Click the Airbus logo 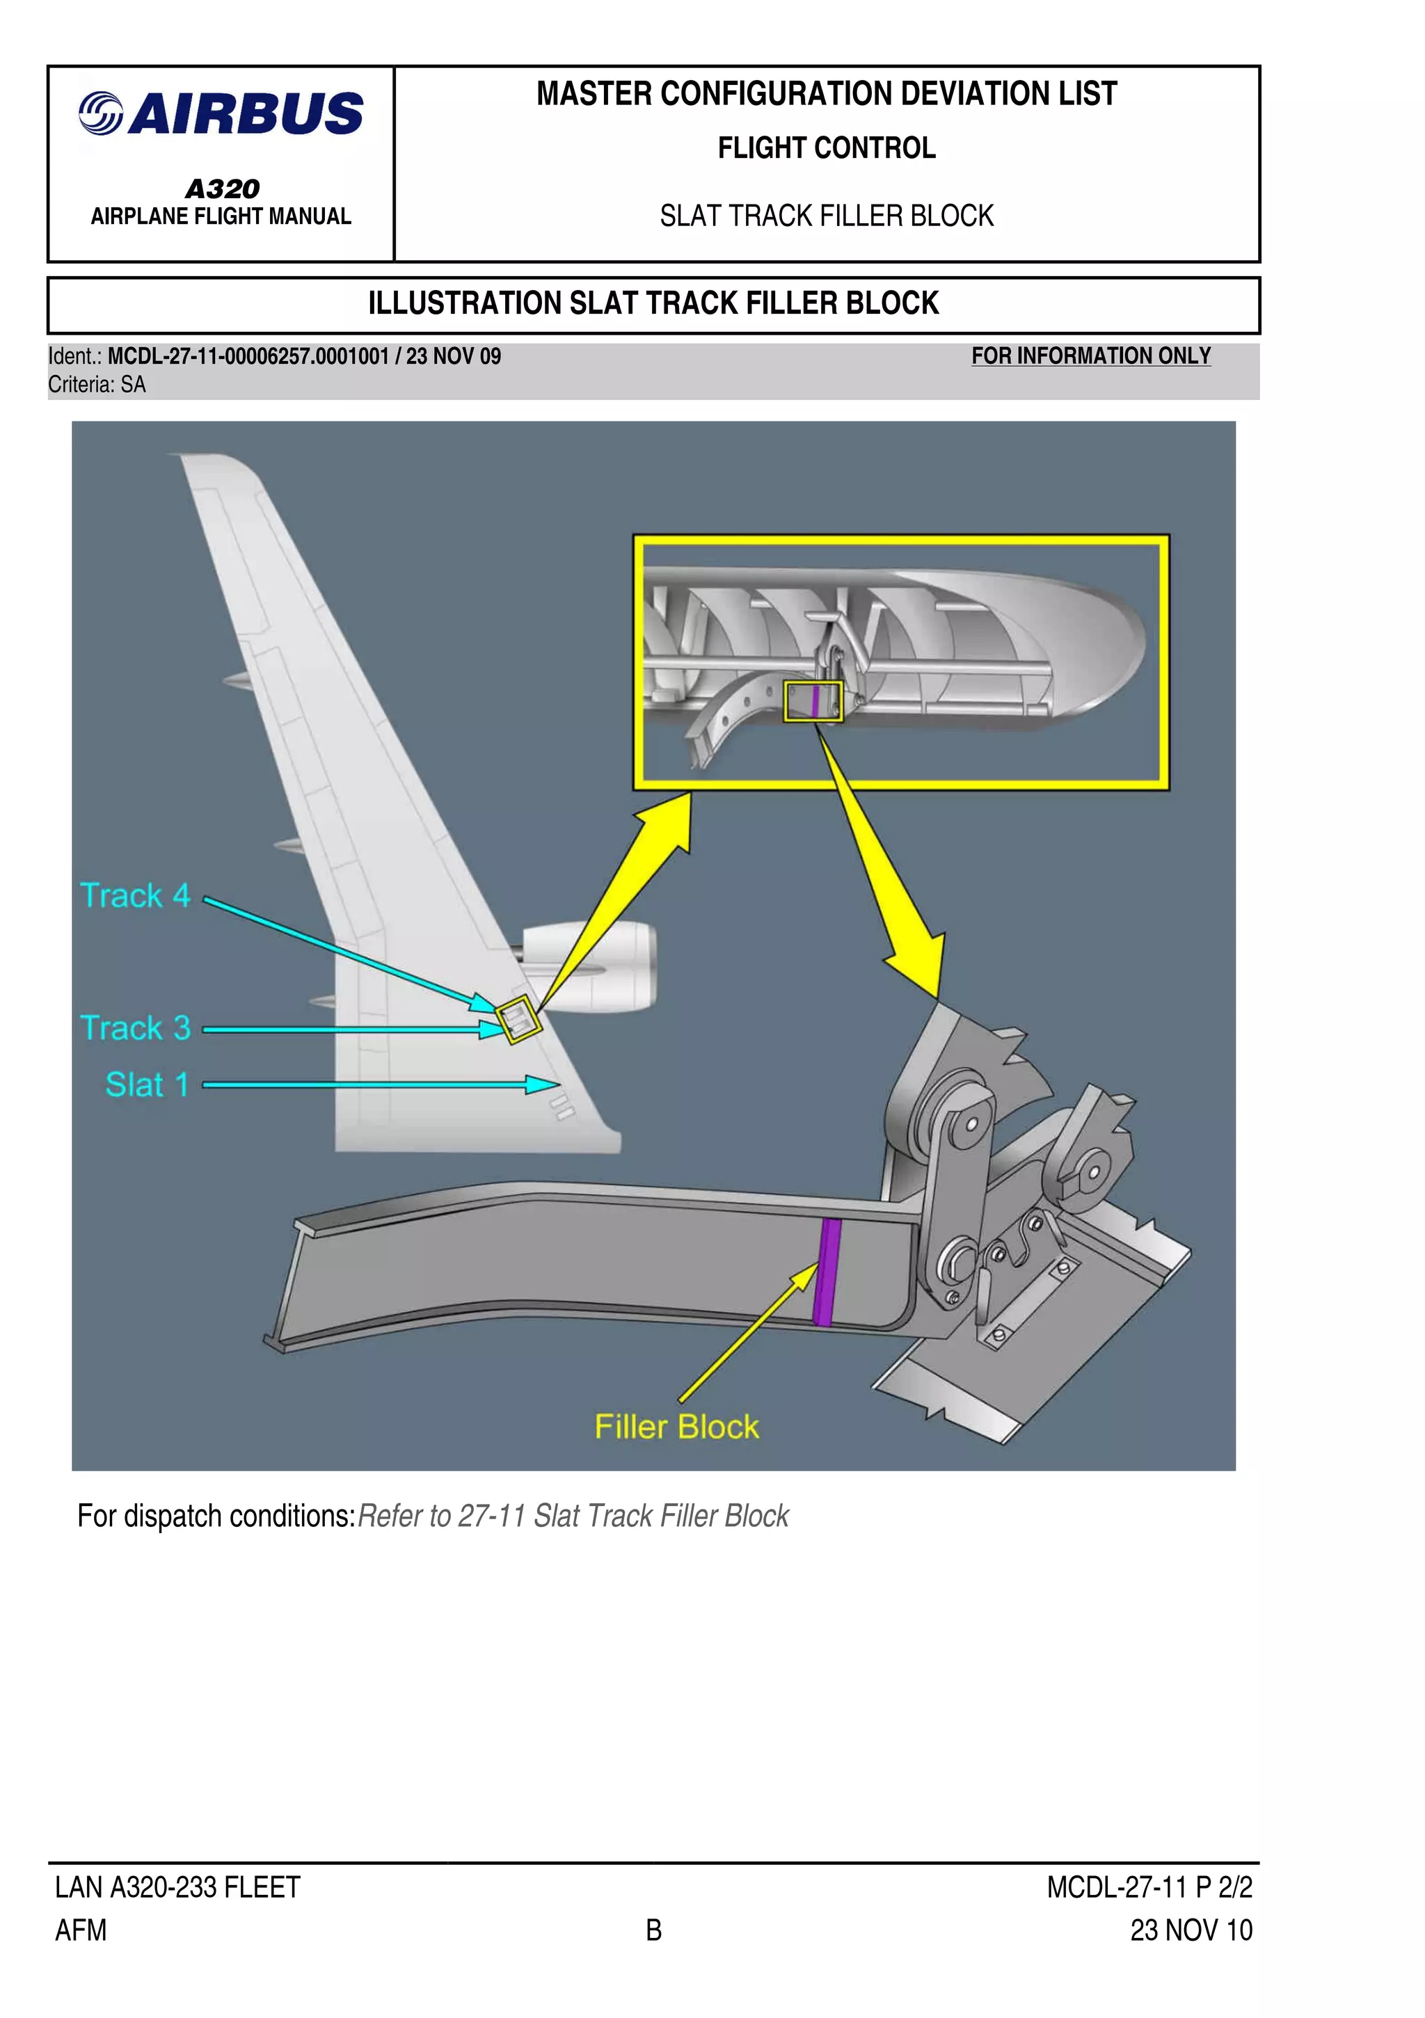pyautogui.click(x=221, y=114)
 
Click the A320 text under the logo pyautogui.click(x=221, y=188)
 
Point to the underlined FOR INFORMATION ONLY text pyautogui.click(x=1090, y=356)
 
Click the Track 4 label pyautogui.click(x=134, y=896)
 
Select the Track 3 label pyautogui.click(x=134, y=1027)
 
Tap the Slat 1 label pyautogui.click(x=147, y=1084)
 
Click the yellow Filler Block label pyautogui.click(x=676, y=1427)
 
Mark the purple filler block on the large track pyautogui.click(x=825, y=1271)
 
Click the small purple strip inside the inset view pyautogui.click(x=815, y=701)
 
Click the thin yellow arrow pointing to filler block pyautogui.click(x=747, y=1331)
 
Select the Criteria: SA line pyautogui.click(x=97, y=385)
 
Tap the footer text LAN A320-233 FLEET pyautogui.click(x=177, y=1887)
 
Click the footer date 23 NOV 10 pyautogui.click(x=1191, y=1930)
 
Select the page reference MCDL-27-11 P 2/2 pyautogui.click(x=1148, y=1887)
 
